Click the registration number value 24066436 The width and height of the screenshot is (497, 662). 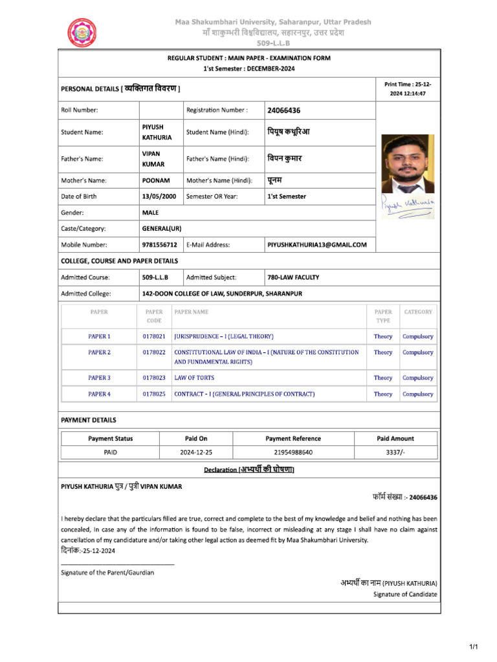coord(283,110)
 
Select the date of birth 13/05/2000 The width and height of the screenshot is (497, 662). coord(159,197)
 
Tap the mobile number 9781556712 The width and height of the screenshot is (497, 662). coord(159,245)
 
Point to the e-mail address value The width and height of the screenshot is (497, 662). coord(317,245)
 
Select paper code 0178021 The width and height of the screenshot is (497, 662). coord(154,337)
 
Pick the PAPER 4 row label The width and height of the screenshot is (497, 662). coord(99,394)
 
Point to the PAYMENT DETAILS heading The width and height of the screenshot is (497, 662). coord(89,420)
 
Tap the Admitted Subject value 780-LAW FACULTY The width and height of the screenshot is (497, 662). coord(293,277)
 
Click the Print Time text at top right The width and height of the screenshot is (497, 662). coord(407,89)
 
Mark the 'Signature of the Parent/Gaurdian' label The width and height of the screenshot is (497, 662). coord(107,573)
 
